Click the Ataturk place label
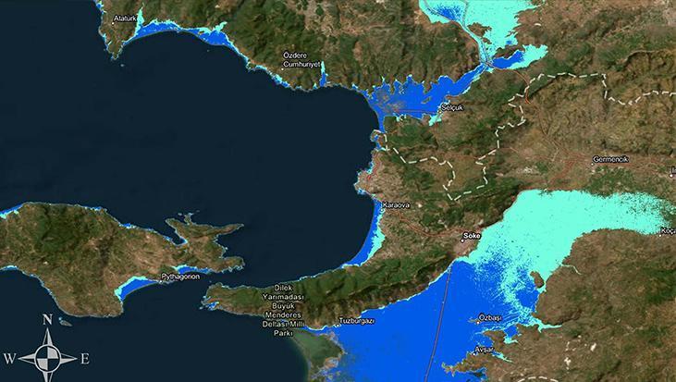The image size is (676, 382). click(x=123, y=18)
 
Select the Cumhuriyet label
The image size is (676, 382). click(x=301, y=65)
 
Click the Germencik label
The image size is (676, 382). click(x=609, y=159)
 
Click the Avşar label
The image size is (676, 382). click(x=484, y=349)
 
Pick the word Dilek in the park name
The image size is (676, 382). click(x=284, y=288)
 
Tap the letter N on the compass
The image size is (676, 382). click(x=46, y=321)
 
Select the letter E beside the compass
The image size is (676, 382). click(x=84, y=358)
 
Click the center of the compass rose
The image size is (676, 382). click(x=46, y=357)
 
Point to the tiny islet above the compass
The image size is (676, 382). click(x=64, y=324)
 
